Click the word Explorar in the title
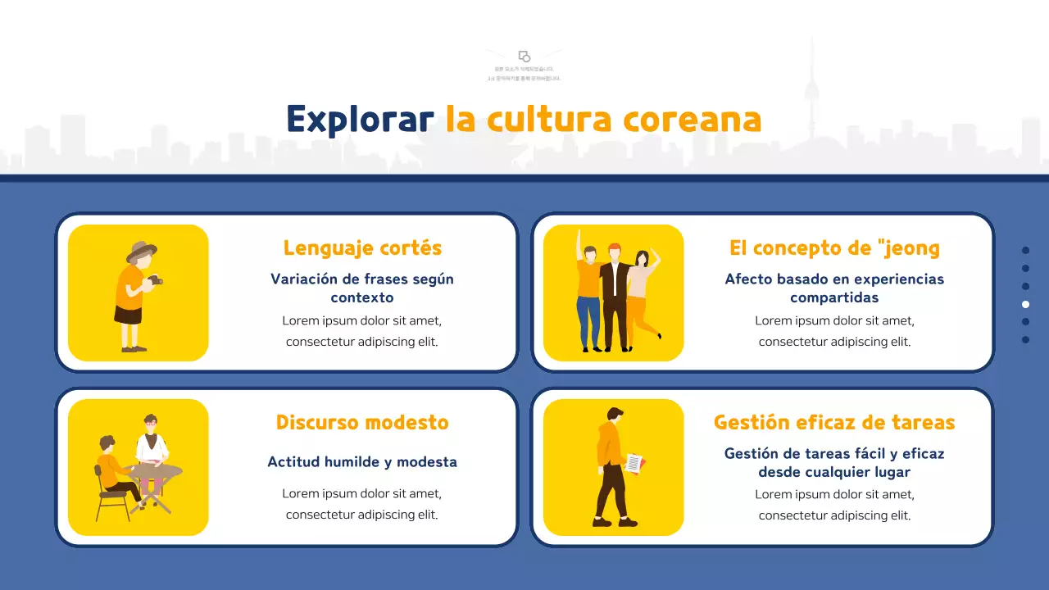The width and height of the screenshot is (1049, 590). pyautogui.click(x=360, y=120)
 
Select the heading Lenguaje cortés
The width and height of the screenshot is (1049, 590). pyautogui.click(x=362, y=247)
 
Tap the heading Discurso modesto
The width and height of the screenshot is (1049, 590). pyautogui.click(x=362, y=422)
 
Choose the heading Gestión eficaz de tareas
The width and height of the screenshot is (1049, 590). pyautogui.click(x=834, y=422)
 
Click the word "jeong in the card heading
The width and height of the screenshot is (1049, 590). pyautogui.click(x=908, y=247)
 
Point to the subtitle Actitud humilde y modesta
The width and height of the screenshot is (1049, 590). pyautogui.click(x=362, y=462)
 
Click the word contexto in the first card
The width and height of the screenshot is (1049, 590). pyautogui.click(x=362, y=297)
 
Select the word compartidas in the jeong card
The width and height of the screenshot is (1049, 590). pyautogui.click(x=834, y=297)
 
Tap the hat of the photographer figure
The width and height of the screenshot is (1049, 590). pyautogui.click(x=142, y=249)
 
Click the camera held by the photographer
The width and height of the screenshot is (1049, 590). pyautogui.click(x=154, y=281)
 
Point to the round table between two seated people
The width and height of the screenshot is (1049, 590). pyautogui.click(x=156, y=473)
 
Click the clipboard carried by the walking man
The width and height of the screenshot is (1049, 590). pyautogui.click(x=634, y=463)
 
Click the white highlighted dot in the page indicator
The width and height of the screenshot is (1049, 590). pyautogui.click(x=1025, y=304)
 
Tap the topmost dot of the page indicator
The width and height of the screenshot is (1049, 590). pyautogui.click(x=1025, y=250)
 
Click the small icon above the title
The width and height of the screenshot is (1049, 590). pyautogui.click(x=524, y=57)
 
